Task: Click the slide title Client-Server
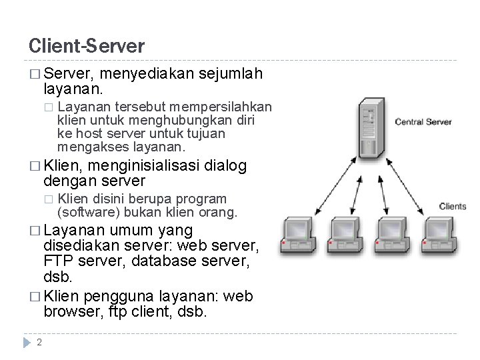click(86, 46)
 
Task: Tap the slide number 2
click(39, 343)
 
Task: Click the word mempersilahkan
click(221, 107)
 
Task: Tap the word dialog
click(227, 166)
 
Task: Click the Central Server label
click(423, 122)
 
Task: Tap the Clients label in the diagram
click(453, 206)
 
